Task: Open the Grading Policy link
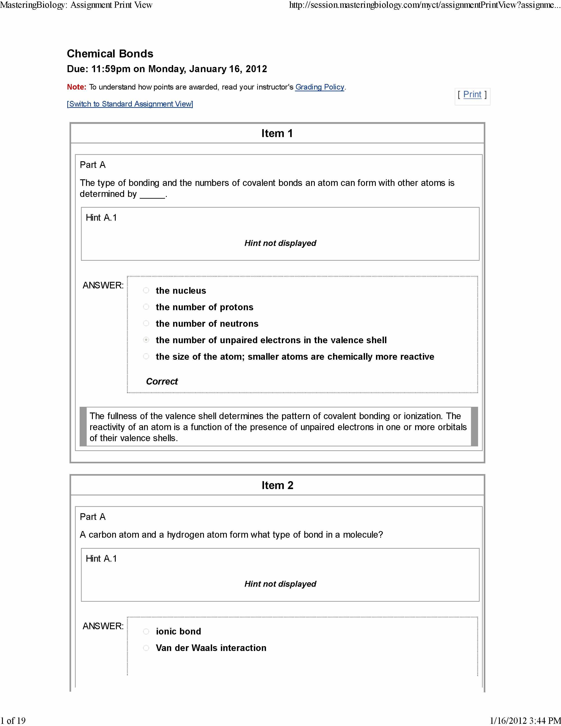(319, 87)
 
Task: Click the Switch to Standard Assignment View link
(130, 104)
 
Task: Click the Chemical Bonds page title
(110, 54)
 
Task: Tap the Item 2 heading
(277, 485)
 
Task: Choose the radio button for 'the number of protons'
(146, 307)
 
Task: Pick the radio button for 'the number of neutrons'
(146, 323)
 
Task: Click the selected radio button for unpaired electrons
(146, 340)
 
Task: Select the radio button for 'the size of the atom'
(146, 356)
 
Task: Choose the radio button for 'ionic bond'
(146, 631)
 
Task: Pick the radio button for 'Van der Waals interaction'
(146, 648)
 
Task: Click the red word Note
(76, 87)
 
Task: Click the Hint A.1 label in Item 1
(101, 218)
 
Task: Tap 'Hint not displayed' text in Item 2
(280, 584)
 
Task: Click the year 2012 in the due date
(256, 69)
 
